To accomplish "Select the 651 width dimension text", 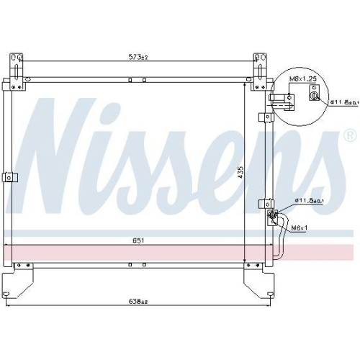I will click(x=137, y=240).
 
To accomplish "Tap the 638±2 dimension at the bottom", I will click(x=136, y=301).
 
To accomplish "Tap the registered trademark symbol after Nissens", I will click(x=349, y=135).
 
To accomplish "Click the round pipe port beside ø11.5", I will click(x=272, y=215).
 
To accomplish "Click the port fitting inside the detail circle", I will click(x=315, y=94).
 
